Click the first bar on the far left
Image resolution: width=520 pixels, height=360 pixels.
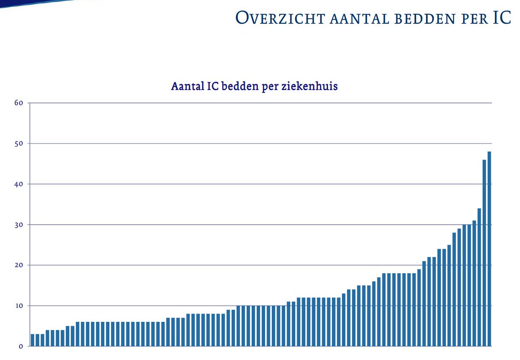pos(32,340)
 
